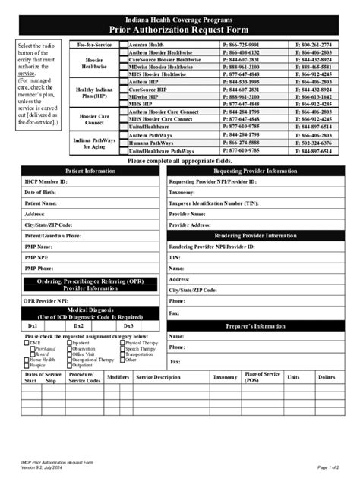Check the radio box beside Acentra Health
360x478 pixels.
pyautogui.click(x=123, y=45)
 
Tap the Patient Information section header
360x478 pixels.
pyautogui.click(x=90, y=171)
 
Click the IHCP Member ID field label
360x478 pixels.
pyautogui.click(x=46, y=183)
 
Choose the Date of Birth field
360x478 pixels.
pyautogui.click(x=43, y=193)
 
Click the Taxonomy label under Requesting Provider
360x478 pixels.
pyautogui.click(x=182, y=193)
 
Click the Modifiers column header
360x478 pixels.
pyautogui.click(x=118, y=377)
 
